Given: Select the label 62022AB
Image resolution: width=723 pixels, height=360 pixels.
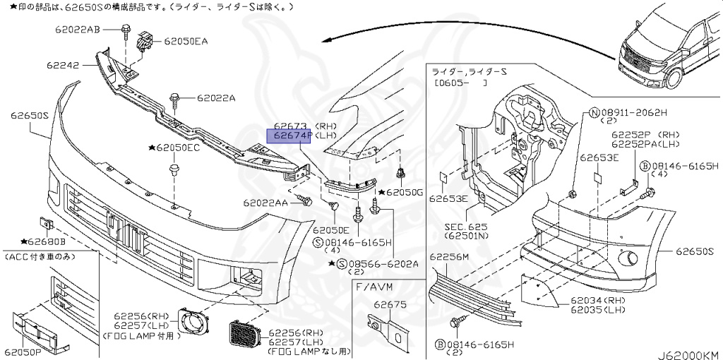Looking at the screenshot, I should point(78,29).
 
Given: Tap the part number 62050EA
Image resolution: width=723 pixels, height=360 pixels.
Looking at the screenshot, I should point(186,42).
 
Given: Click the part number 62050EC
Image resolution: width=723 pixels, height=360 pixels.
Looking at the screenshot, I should point(178,148).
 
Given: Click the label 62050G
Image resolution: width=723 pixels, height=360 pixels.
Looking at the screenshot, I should point(404,192).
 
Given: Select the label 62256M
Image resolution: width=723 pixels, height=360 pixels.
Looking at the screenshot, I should point(449,257).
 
